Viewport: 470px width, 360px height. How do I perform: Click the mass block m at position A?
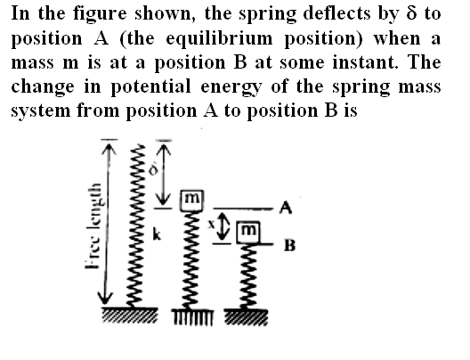(192, 200)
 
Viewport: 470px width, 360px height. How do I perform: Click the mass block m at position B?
(248, 233)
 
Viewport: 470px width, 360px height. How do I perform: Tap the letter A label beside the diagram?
(286, 208)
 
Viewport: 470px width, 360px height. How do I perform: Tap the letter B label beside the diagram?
(290, 245)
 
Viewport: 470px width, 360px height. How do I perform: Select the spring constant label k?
(157, 233)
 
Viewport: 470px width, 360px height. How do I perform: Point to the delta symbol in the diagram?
(153, 170)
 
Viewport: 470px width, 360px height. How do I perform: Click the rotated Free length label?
(93, 225)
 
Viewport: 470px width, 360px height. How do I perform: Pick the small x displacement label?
(212, 223)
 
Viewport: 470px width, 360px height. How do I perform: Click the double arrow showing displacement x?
(223, 226)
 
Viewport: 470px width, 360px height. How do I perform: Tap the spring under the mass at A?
(190, 259)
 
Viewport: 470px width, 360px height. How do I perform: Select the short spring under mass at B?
(247, 276)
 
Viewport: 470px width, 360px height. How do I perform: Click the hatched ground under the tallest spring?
(130, 315)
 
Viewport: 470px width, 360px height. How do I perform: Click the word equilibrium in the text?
(219, 39)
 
